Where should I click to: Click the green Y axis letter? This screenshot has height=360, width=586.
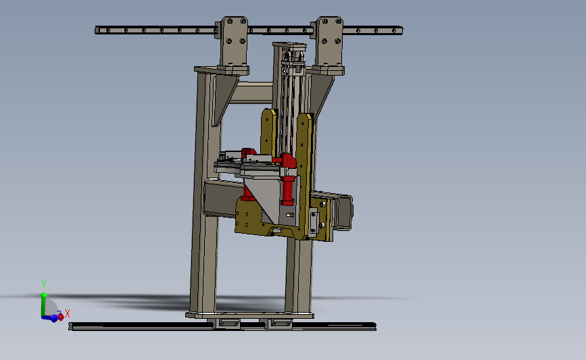44,284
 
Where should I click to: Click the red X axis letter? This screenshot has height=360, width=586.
68,313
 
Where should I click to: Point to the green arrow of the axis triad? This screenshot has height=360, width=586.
43,305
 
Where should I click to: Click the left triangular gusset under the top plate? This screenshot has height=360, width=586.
224,98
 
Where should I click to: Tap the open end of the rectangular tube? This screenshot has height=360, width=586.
343,212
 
